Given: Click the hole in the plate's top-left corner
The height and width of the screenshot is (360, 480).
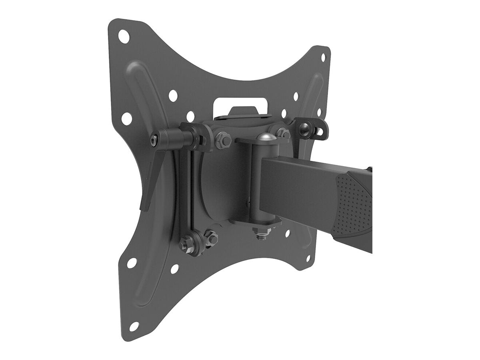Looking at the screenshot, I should (124, 36).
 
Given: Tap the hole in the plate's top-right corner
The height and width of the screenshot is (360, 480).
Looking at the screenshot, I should (323, 57).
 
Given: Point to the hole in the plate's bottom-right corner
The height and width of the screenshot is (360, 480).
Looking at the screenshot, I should (308, 258).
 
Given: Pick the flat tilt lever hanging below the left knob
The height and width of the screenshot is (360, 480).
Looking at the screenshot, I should (150, 180).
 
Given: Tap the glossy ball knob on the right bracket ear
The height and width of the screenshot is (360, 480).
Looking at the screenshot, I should (307, 128).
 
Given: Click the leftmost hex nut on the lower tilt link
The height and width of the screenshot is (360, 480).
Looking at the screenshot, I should (185, 243).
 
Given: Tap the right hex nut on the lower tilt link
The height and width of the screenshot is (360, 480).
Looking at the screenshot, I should (210, 238).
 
